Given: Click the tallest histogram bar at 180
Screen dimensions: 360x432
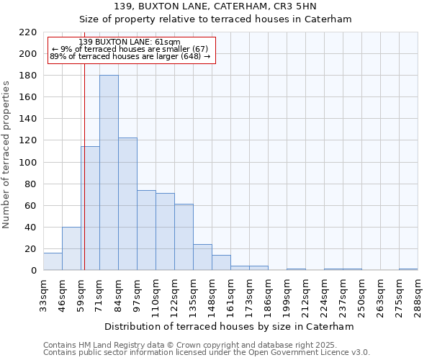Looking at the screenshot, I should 109,173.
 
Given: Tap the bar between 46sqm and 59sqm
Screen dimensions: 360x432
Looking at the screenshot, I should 71,248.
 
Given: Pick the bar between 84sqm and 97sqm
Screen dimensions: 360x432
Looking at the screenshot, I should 127,204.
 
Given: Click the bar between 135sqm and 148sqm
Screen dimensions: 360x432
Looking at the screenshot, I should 202,257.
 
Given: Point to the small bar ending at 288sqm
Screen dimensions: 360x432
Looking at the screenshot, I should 408,269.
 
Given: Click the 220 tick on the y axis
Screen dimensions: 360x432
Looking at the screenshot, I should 28,32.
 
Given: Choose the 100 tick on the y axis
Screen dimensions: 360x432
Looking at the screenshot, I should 28,163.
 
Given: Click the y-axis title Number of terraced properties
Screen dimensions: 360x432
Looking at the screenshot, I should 7,155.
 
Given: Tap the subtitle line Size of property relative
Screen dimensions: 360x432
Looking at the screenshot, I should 215,19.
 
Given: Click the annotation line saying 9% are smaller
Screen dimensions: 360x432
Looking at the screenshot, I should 130,49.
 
